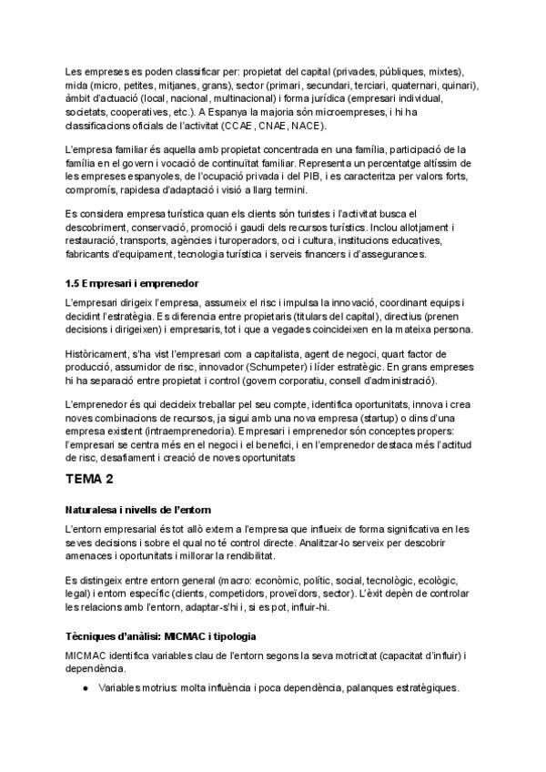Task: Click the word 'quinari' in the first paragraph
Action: click(460, 85)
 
